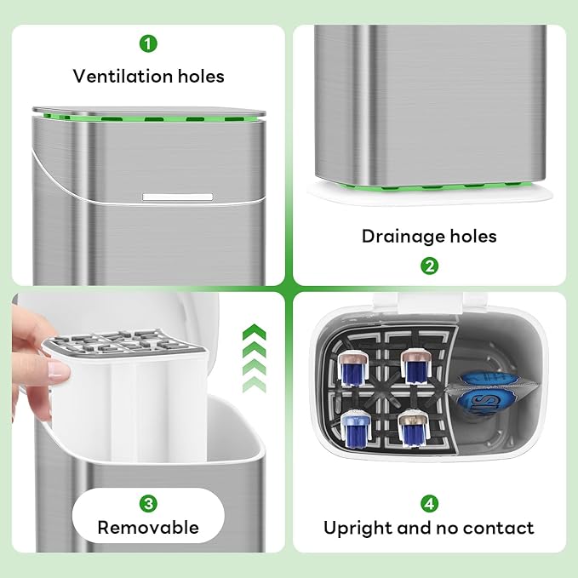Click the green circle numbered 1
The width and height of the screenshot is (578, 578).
click(x=149, y=43)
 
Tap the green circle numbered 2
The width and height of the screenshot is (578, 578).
click(x=430, y=266)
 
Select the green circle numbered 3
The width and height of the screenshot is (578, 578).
click(x=149, y=504)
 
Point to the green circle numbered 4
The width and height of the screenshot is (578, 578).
click(x=430, y=504)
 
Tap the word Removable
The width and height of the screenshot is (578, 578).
click(x=149, y=527)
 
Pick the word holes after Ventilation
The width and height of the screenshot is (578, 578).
click(x=197, y=76)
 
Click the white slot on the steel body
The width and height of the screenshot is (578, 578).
click(x=178, y=196)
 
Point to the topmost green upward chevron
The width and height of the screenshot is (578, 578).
click(x=255, y=331)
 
